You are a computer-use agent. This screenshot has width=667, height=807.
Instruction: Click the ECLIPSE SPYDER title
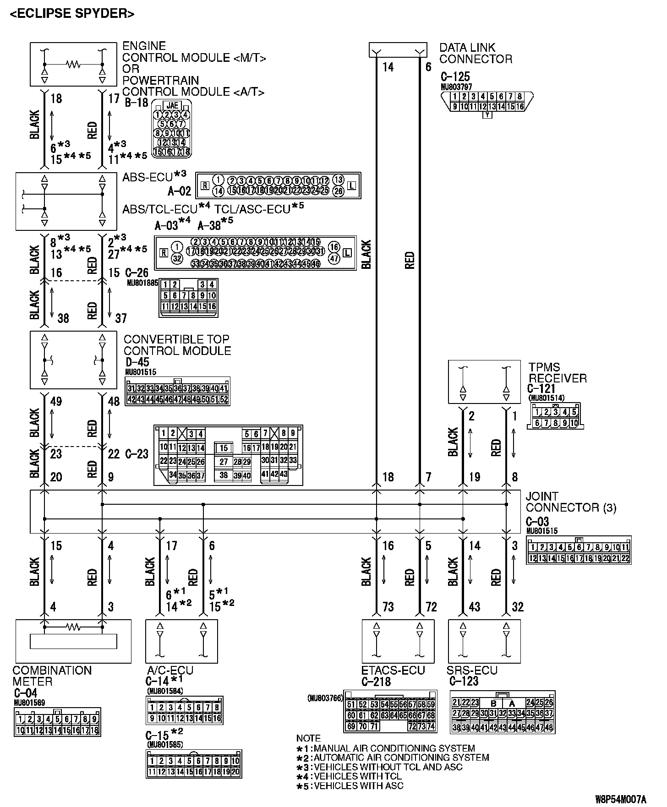pyautogui.click(x=72, y=14)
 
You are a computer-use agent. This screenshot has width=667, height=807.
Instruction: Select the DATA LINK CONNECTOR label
pyautogui.click(x=476, y=53)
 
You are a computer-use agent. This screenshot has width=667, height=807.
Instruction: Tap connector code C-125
pyautogui.click(x=455, y=76)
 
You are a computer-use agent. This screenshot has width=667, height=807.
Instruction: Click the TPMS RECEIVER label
pyautogui.click(x=557, y=372)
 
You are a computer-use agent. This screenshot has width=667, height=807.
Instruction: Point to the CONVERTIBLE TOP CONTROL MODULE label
pyautogui.click(x=177, y=345)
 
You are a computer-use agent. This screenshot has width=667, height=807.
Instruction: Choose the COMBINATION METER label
pyautogui.click(x=52, y=676)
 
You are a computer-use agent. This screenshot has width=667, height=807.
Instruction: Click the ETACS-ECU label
pyautogui.click(x=393, y=670)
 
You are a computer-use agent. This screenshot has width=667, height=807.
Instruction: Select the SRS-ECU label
pyautogui.click(x=472, y=670)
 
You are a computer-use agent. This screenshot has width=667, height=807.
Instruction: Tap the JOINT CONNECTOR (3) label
pyautogui.click(x=570, y=502)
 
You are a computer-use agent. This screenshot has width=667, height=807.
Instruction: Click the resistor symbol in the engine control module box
pyautogui.click(x=73, y=64)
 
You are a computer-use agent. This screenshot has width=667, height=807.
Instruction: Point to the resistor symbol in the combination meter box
pyautogui.click(x=73, y=625)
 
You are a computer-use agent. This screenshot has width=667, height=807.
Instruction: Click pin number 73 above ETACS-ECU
pyautogui.click(x=388, y=607)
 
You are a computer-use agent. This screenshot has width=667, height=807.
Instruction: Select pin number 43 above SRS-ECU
pyautogui.click(x=475, y=607)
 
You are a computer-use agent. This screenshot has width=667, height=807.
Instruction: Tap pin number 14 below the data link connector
pyautogui.click(x=388, y=67)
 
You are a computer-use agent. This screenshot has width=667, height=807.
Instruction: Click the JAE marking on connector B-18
pyautogui.click(x=172, y=105)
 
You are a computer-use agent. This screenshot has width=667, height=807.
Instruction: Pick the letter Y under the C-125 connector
pyautogui.click(x=487, y=115)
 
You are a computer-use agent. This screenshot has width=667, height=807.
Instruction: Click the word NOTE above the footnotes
pyautogui.click(x=308, y=738)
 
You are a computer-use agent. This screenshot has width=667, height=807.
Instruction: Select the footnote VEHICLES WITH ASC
pyautogui.click(x=358, y=785)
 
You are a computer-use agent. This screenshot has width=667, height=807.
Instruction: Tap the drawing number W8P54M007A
pyautogui.click(x=620, y=799)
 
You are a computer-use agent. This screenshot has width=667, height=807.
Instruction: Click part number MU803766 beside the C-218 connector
pyautogui.click(x=325, y=698)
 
